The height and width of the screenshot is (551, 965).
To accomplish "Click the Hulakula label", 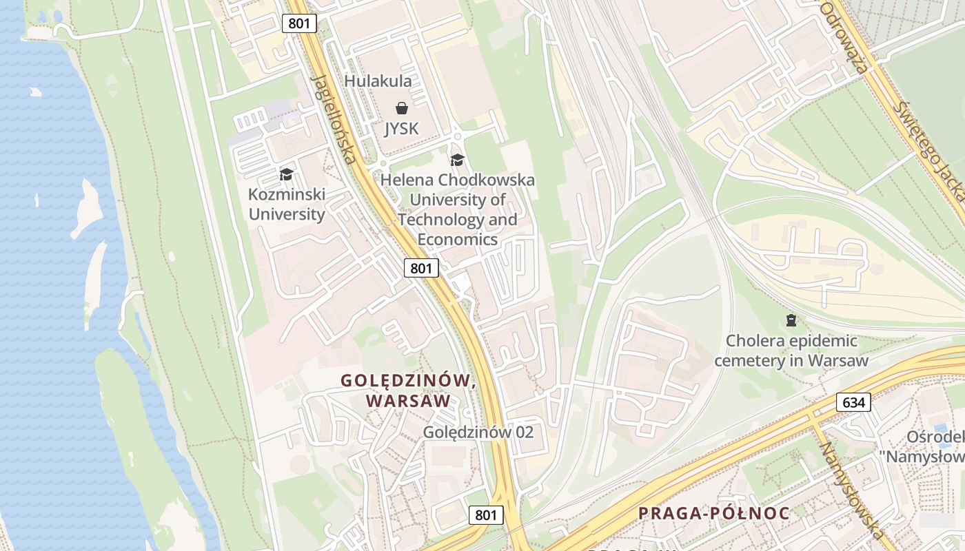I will pos(378,81).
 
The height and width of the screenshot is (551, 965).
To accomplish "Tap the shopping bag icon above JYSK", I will pos(401,108).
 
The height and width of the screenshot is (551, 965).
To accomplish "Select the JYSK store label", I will pos(401,129).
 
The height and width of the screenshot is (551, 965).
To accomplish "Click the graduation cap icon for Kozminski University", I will pos(286,174).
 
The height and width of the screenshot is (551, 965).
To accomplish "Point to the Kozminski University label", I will pos(286,205).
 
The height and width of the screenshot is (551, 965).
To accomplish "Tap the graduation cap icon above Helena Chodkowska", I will pos(457,160).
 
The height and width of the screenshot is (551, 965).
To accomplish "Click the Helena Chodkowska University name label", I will pos(457,209).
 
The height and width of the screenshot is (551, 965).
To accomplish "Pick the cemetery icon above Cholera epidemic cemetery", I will pos(791,320).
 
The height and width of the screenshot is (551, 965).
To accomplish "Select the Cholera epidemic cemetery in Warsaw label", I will pos(791,351).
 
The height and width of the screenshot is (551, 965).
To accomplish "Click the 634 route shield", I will pos(853,402).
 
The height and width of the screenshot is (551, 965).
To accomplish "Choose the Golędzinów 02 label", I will pos(478,433).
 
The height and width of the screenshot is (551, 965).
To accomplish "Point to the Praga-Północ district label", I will pos(713,513).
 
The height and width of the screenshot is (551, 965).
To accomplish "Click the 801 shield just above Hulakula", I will pos(299,23).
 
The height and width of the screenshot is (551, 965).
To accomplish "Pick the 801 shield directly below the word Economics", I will pos(421,268).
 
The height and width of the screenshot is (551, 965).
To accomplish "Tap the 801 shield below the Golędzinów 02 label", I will pos(486,514).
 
